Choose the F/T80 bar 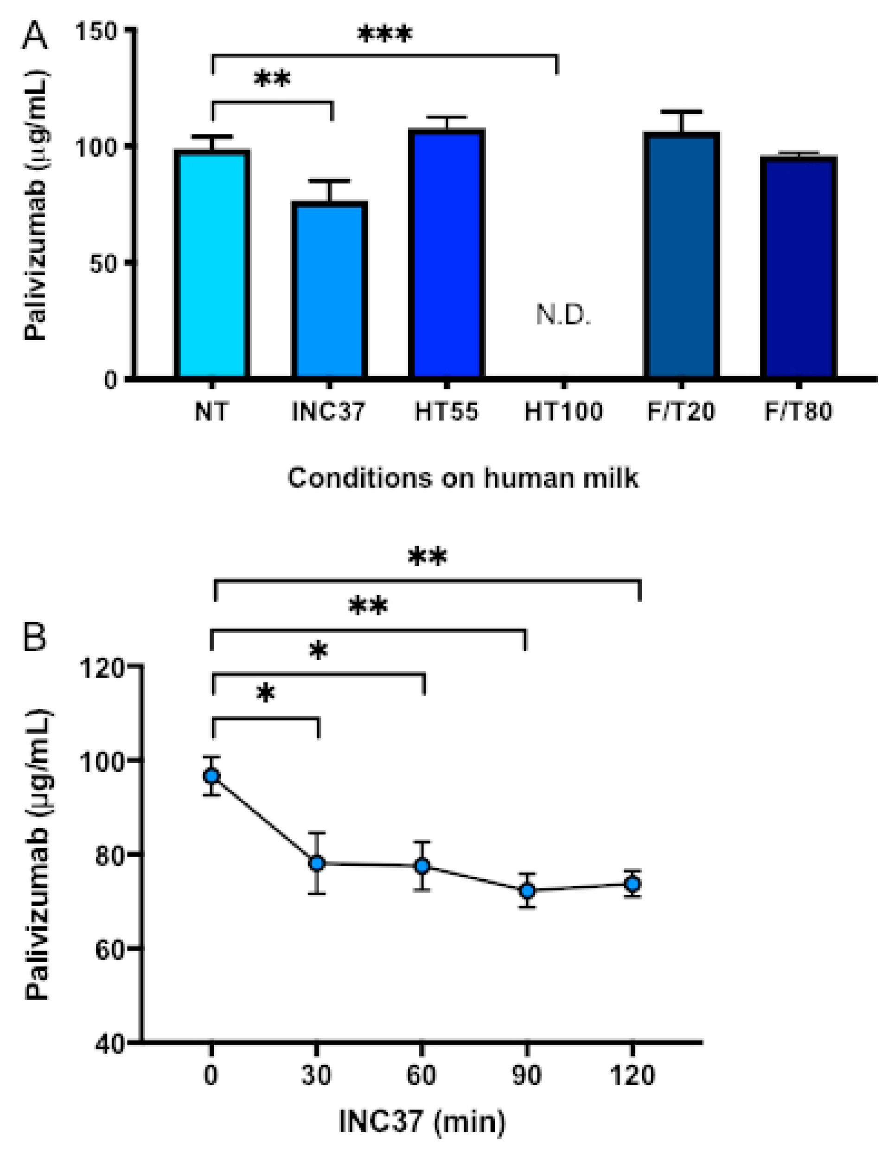coord(798,267)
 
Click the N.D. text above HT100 coord(563,316)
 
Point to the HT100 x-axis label coord(563,412)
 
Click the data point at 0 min coord(212,776)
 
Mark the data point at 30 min coord(317,863)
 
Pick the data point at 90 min coord(527,890)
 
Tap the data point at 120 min coord(632,884)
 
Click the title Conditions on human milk coord(463,478)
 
